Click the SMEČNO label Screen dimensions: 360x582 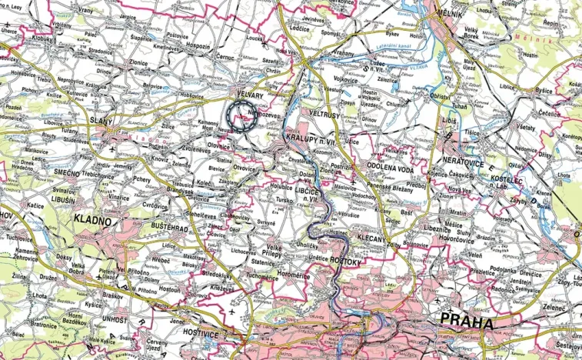[x=62, y=173]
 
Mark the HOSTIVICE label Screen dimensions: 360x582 [x=205, y=336]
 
